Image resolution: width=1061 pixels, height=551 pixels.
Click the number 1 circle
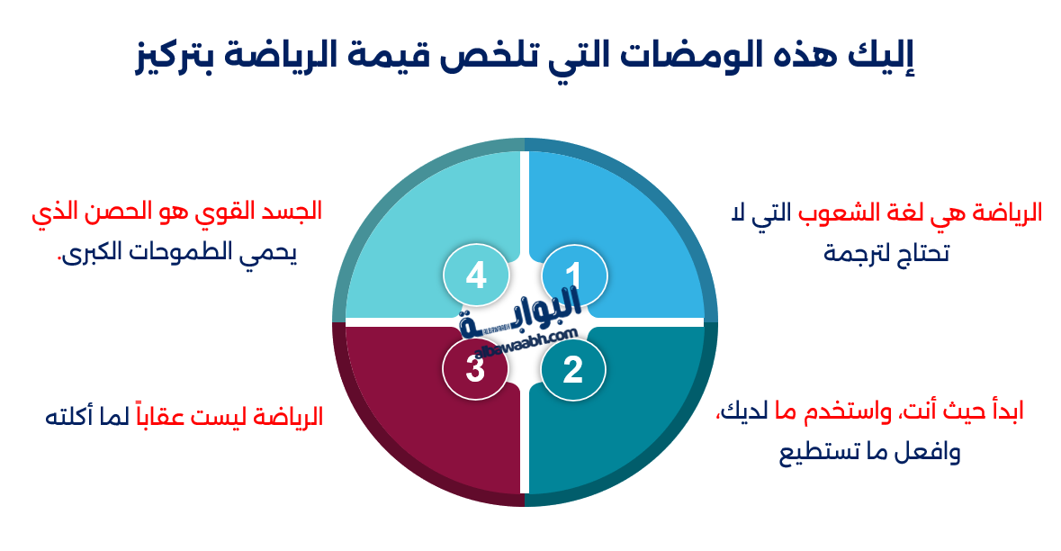pos(574,275)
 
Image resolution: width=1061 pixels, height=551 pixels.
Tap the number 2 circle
pos(573,369)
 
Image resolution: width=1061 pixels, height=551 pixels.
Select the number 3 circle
pos(476,369)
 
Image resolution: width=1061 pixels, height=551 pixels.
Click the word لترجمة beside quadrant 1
pos(862,253)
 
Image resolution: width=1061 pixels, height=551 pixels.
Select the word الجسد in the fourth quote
pos(291,212)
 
